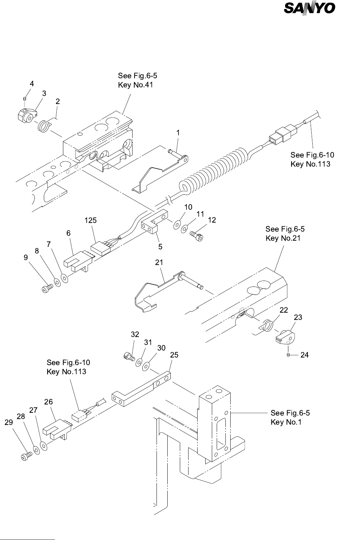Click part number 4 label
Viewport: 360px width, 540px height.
click(x=32, y=84)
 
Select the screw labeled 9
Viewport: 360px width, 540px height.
click(x=47, y=288)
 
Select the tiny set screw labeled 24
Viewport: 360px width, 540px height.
click(x=288, y=355)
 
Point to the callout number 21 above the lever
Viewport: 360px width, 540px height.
click(x=159, y=263)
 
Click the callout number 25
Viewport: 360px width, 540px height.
click(x=174, y=355)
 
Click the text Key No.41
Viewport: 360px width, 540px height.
click(x=135, y=85)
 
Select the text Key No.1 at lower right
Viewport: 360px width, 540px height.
click(x=286, y=422)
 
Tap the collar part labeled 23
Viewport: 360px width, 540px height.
click(x=285, y=337)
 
